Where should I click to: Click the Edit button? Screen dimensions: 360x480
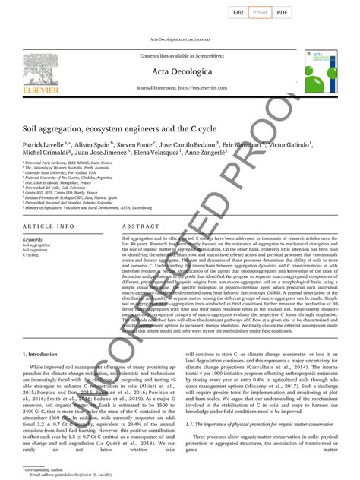[238, 12]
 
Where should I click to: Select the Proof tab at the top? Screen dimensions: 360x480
[261, 12]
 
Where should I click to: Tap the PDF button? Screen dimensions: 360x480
[282, 12]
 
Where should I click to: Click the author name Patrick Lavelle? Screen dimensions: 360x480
[44, 144]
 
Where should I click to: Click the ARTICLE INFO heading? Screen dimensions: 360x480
[49, 227]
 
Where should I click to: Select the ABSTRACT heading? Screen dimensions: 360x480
[141, 227]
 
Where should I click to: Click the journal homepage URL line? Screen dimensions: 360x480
[180, 89]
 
